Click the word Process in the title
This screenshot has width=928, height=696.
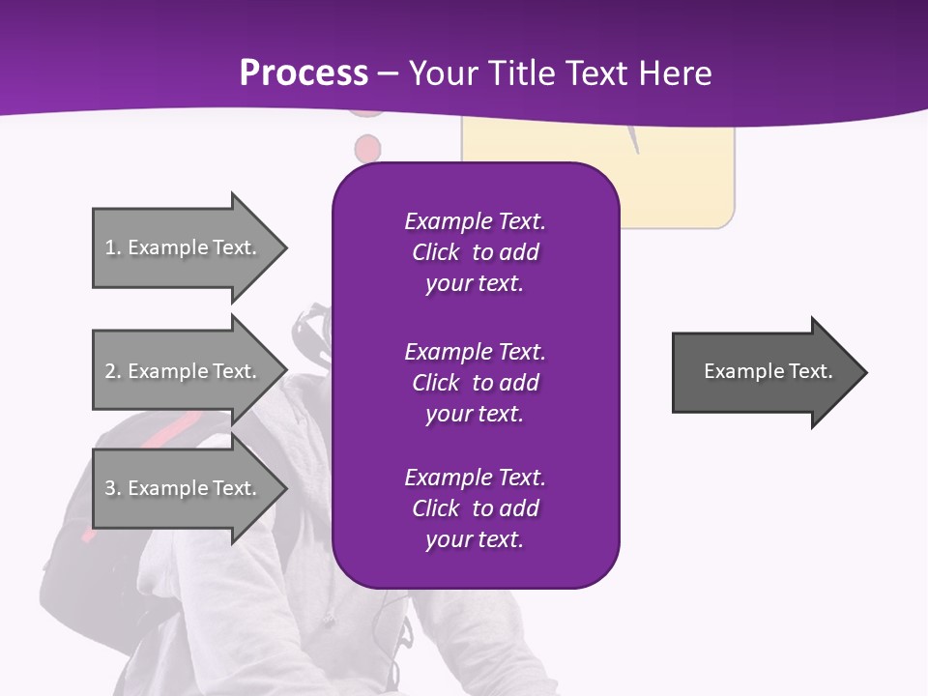click(x=304, y=73)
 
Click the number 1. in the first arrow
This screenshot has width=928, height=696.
click(x=113, y=247)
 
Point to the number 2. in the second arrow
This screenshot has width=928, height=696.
click(x=113, y=371)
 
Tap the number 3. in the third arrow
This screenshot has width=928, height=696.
click(x=113, y=488)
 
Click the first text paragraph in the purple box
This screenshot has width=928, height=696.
click(x=475, y=252)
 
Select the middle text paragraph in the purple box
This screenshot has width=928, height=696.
click(x=475, y=383)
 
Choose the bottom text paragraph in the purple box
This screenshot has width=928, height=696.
click(x=475, y=508)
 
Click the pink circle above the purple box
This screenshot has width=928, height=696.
click(x=367, y=148)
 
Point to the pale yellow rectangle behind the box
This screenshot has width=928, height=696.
click(x=677, y=184)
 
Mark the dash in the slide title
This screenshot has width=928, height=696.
click(x=388, y=74)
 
